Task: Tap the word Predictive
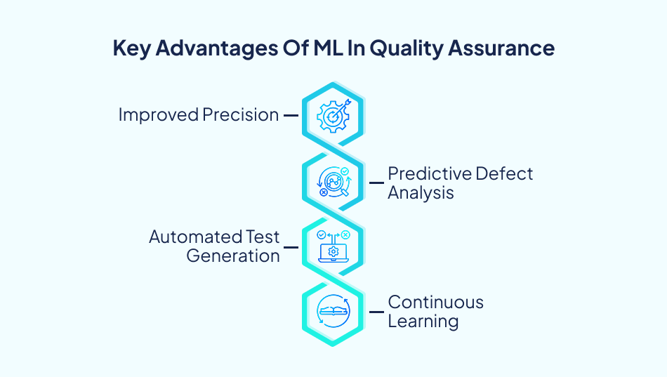click(428, 173)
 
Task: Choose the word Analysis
click(421, 192)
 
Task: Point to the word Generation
click(233, 256)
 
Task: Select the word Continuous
click(435, 303)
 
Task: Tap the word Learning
click(423, 322)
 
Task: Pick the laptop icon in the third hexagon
click(333, 246)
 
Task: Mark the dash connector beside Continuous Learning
click(376, 312)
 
